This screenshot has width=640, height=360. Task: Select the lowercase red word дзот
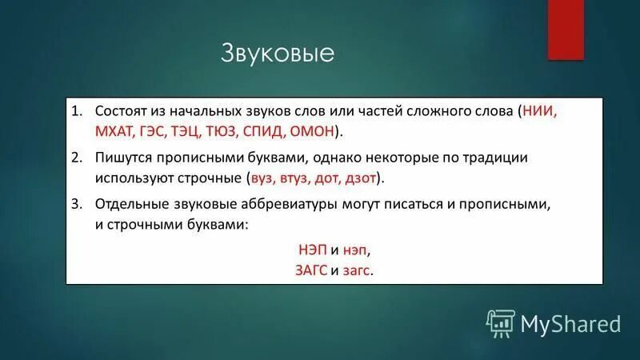[363, 178]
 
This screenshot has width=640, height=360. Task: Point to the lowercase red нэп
[355, 250]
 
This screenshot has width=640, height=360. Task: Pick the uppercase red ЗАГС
[311, 270]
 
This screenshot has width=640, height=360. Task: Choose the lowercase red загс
[356, 270]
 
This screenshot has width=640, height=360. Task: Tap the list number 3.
[76, 205]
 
